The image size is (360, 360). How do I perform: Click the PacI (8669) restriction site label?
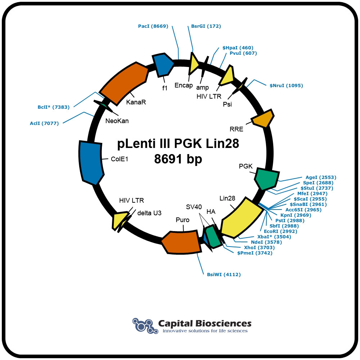153,26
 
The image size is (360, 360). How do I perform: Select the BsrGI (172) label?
206,26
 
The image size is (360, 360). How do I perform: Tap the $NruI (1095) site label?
286,85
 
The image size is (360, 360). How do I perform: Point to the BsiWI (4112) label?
224,274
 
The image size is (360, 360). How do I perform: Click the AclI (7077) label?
44,123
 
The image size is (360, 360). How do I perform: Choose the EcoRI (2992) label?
280,231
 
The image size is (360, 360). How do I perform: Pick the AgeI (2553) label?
321,177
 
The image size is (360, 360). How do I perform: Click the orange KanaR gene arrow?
124,84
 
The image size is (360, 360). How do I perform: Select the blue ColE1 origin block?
91,163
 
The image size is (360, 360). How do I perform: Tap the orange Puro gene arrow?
181,242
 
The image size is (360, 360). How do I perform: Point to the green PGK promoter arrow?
267,179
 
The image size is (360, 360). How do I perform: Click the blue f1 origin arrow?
163,65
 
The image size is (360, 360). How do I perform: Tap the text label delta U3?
149,213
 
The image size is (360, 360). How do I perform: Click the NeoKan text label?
117,121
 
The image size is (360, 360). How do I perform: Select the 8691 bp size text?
178,159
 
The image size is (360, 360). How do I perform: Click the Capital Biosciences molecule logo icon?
145,325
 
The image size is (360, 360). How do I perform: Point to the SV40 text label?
194,207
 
